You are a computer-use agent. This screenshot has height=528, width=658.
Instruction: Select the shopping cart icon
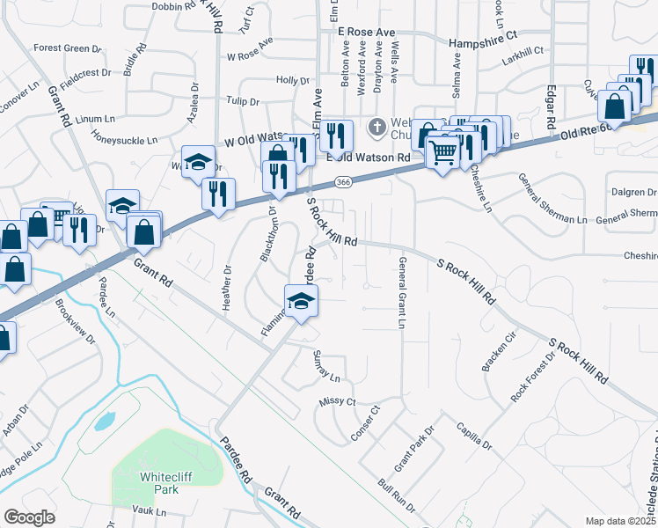(442, 152)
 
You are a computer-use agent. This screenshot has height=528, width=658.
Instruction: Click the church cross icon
(377, 128)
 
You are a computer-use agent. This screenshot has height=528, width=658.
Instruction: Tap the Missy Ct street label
(338, 401)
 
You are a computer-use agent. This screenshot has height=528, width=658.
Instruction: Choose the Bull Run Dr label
(396, 496)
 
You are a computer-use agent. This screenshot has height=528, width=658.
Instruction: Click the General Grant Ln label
(402, 293)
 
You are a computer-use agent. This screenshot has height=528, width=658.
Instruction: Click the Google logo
(29, 517)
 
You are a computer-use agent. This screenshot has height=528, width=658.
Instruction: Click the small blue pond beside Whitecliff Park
(104, 421)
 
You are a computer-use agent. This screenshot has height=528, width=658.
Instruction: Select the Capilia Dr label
(473, 436)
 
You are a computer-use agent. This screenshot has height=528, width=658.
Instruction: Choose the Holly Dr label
(292, 80)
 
